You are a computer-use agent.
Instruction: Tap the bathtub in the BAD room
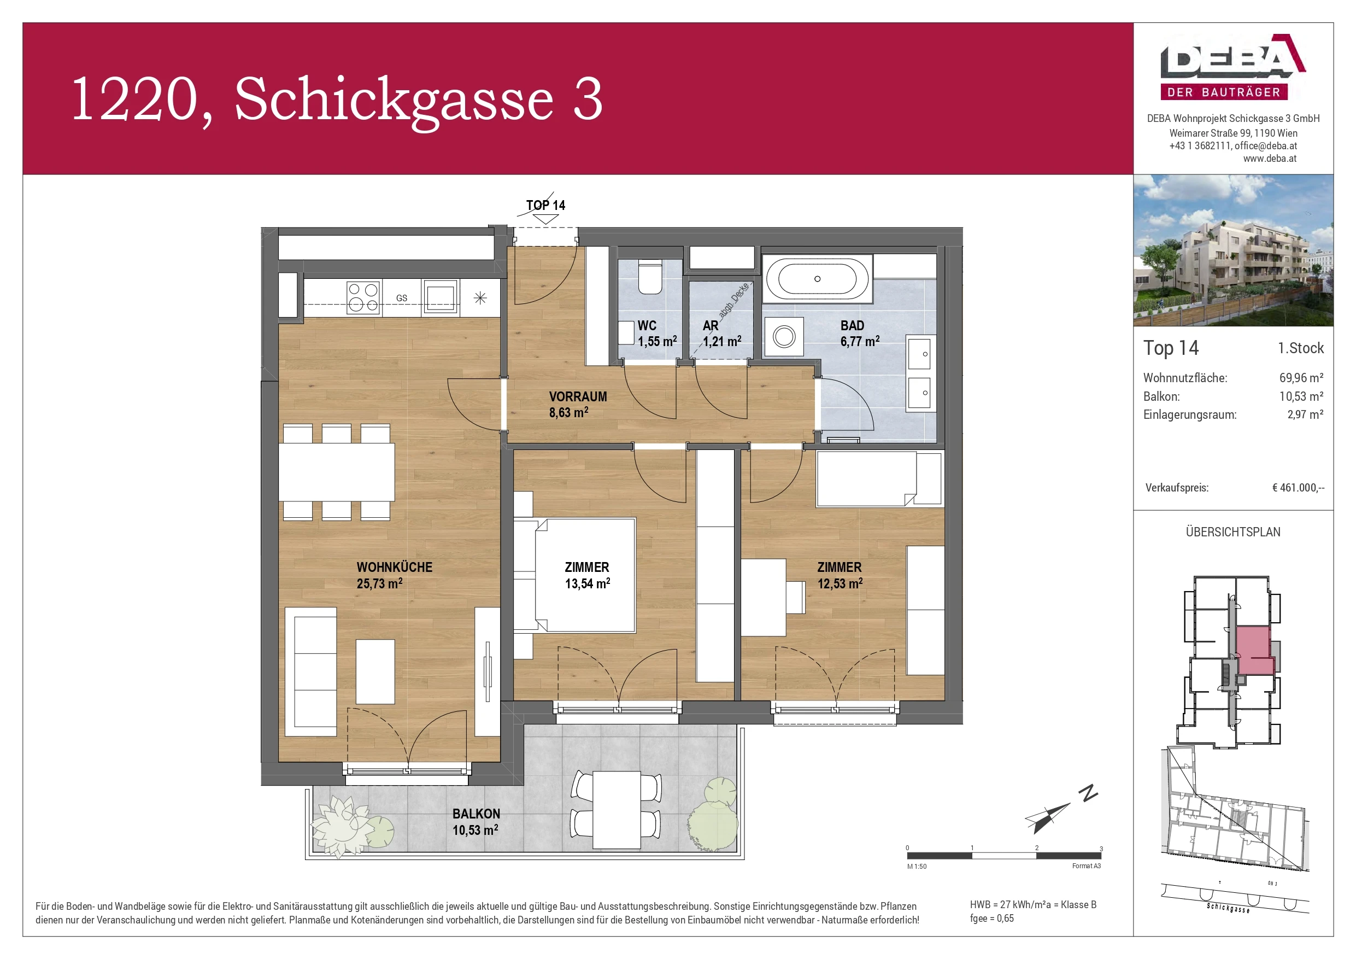click(x=817, y=279)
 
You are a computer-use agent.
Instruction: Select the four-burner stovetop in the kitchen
click(x=362, y=297)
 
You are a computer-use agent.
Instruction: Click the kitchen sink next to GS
click(x=440, y=297)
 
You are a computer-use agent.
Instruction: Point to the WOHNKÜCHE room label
click(x=394, y=567)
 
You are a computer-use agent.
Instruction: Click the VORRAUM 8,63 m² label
click(x=577, y=404)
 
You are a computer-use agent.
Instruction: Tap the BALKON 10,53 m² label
click(x=476, y=821)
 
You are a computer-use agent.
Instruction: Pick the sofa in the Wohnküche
click(x=310, y=672)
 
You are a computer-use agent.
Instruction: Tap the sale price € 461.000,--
click(x=1298, y=488)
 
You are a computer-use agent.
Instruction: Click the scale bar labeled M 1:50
click(x=1003, y=856)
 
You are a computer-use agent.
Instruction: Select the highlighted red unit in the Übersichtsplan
click(x=1253, y=650)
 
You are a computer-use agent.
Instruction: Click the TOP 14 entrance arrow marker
click(x=545, y=219)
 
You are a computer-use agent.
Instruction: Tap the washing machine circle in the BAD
click(x=784, y=337)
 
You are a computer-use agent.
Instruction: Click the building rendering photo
click(x=1232, y=250)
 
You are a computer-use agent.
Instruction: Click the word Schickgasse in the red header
click(x=394, y=100)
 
